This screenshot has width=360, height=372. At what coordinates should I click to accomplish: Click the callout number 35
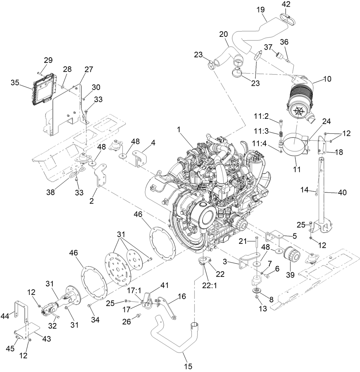pos(15,82)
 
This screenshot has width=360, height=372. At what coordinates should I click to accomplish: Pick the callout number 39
pos(290,275)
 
